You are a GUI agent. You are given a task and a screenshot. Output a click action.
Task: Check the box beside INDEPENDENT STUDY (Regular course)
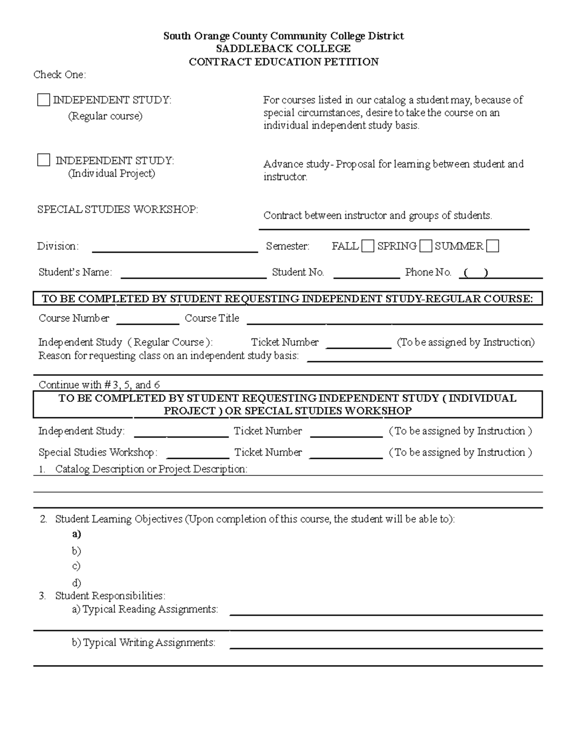[x=43, y=100]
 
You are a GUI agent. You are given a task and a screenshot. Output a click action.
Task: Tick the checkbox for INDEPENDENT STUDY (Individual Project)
[x=43, y=160]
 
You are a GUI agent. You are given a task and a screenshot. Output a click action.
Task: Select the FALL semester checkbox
[x=368, y=246]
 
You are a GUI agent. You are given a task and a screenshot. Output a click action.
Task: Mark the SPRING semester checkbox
[x=426, y=246]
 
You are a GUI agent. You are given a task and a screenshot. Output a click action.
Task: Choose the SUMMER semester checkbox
[x=493, y=246]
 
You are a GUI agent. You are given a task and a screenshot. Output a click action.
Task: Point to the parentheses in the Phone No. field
[x=475, y=273]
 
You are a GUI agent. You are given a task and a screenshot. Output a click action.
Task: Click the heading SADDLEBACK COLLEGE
[x=283, y=49]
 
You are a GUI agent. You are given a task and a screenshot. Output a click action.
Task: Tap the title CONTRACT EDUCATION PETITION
[x=283, y=62]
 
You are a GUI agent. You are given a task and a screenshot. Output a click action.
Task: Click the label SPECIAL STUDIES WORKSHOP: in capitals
[x=118, y=209]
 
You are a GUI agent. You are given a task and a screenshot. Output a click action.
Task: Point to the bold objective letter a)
[x=77, y=534]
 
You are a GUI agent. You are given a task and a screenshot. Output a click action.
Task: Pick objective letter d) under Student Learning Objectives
[x=77, y=583]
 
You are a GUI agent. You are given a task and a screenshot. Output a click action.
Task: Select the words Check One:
[x=60, y=75]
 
